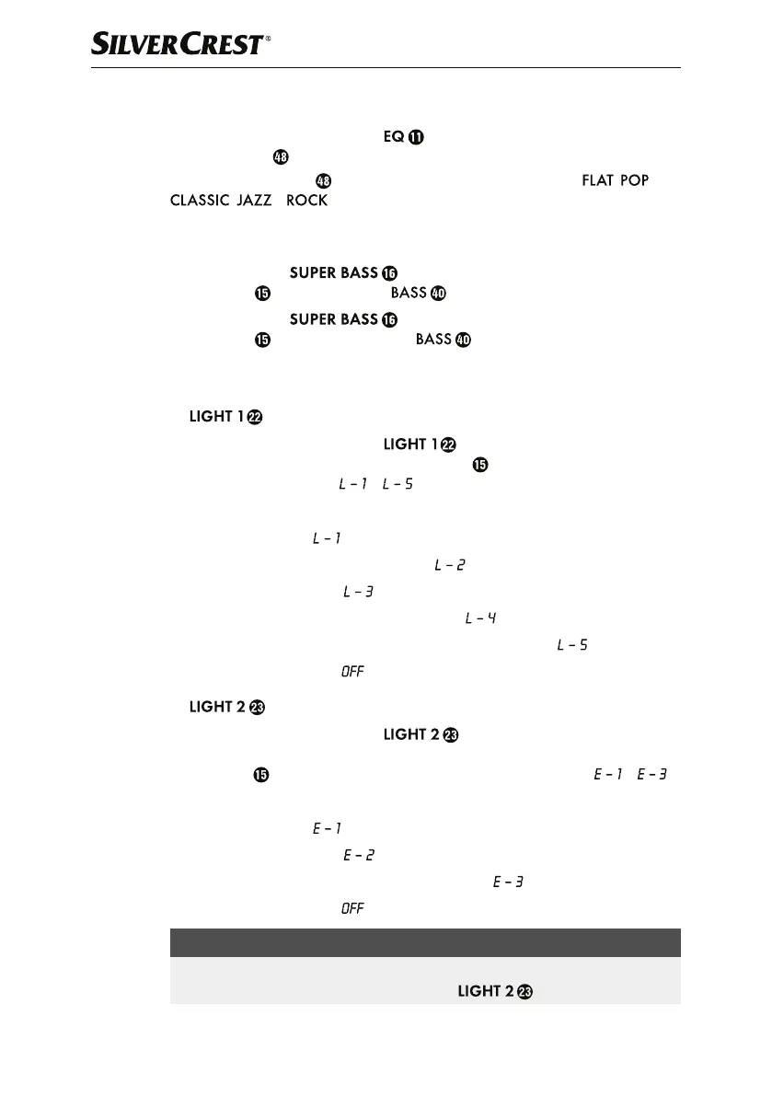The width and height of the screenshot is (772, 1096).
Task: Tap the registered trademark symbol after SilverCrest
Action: tap(268, 40)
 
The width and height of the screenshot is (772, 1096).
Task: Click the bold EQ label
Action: tap(394, 137)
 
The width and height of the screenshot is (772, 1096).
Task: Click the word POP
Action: tap(634, 180)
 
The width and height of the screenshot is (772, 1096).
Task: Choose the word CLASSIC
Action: tap(200, 201)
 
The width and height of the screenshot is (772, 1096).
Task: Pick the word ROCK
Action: tap(306, 201)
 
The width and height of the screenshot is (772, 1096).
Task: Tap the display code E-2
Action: tap(358, 856)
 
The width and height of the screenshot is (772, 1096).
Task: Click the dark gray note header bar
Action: tap(425, 942)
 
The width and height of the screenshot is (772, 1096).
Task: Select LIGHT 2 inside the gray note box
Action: tap(485, 992)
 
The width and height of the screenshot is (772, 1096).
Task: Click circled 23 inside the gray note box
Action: tap(524, 992)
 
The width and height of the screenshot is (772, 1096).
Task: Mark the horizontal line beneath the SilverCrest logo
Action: tap(386, 67)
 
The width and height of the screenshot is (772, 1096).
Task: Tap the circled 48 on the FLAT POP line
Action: tap(322, 180)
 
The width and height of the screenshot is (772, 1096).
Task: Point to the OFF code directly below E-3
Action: tap(352, 909)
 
